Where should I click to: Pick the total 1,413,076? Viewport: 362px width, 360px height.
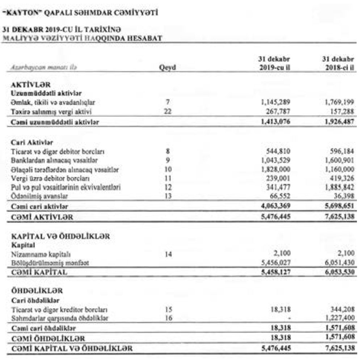(x=274, y=122)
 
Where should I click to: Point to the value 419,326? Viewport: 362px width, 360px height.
(x=341, y=178)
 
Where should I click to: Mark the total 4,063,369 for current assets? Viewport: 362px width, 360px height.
(x=274, y=206)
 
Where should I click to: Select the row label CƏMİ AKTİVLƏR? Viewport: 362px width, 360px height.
(x=42, y=217)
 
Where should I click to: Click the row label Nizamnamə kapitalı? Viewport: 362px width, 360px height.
(x=35, y=254)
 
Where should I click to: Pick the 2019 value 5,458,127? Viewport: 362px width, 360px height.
(x=274, y=272)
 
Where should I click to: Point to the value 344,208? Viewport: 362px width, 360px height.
(x=341, y=309)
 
